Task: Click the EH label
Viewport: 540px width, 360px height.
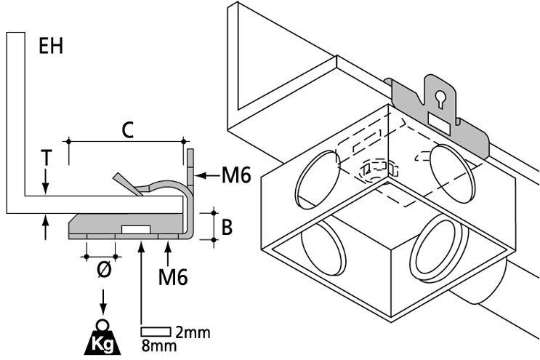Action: (x=51, y=47)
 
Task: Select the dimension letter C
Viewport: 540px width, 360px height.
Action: (x=126, y=130)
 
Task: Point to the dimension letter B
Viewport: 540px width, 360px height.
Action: (x=226, y=228)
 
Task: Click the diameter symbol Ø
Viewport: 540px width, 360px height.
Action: (x=103, y=269)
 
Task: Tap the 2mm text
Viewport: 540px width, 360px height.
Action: (x=193, y=333)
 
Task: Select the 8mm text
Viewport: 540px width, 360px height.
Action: (x=158, y=346)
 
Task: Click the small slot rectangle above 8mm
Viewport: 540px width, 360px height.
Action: (x=156, y=332)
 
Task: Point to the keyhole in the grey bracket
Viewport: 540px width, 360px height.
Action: (x=439, y=97)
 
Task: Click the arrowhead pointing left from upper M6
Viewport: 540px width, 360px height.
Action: (x=200, y=175)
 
